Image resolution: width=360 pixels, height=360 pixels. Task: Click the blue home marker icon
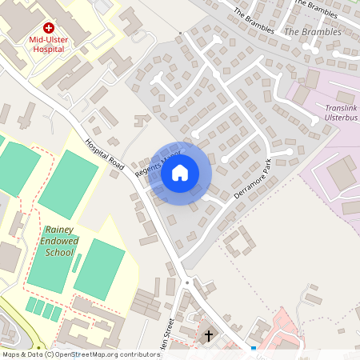(180, 173)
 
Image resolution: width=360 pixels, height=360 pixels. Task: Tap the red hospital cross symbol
(48, 27)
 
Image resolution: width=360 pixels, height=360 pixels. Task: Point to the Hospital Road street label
(105, 154)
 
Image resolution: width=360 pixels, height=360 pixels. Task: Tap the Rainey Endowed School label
(59, 240)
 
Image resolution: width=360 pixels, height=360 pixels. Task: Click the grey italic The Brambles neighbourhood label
(313, 32)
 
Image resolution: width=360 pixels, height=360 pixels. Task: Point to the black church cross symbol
(209, 336)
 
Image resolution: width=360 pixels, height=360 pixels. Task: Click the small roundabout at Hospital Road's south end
(187, 282)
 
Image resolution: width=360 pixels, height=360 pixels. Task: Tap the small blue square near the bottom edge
(254, 349)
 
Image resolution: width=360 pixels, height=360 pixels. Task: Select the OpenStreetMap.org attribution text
(104, 354)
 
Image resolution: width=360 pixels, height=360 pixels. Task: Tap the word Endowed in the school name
(59, 240)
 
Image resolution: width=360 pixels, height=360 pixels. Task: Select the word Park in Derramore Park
(267, 166)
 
